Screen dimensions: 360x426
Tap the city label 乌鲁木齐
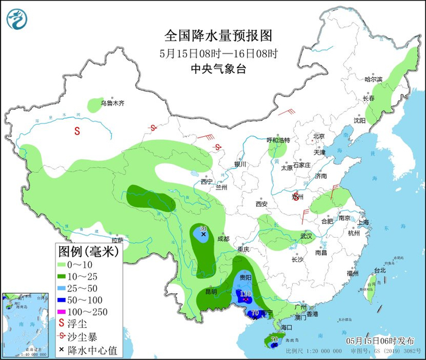pos(113,103)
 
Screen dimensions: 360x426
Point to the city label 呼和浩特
pos(278,140)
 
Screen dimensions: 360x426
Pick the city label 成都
pos(223,239)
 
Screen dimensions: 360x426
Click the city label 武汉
pos(306,236)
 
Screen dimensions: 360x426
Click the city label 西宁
pos(207,181)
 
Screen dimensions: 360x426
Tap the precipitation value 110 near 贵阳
pos(246,294)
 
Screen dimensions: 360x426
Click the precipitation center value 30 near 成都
pos(204,228)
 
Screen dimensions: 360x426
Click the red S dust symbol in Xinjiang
pos(77,130)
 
